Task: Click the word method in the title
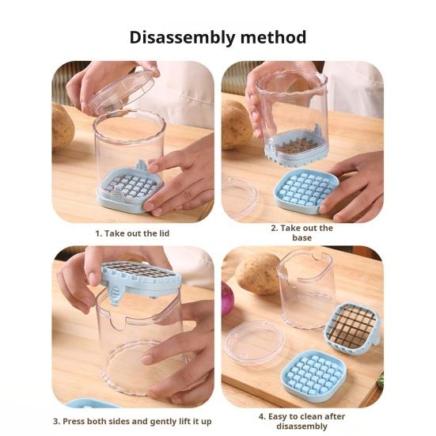(273, 37)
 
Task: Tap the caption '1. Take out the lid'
(132, 233)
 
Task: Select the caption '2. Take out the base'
(301, 233)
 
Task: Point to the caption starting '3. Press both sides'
(132, 421)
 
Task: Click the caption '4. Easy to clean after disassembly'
(301, 421)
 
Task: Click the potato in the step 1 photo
(63, 126)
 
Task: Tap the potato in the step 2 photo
(236, 124)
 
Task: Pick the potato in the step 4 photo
(259, 274)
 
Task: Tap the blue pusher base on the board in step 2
(306, 191)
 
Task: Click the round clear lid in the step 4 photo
(255, 343)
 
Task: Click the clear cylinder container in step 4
(307, 289)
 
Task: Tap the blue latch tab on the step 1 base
(141, 165)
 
